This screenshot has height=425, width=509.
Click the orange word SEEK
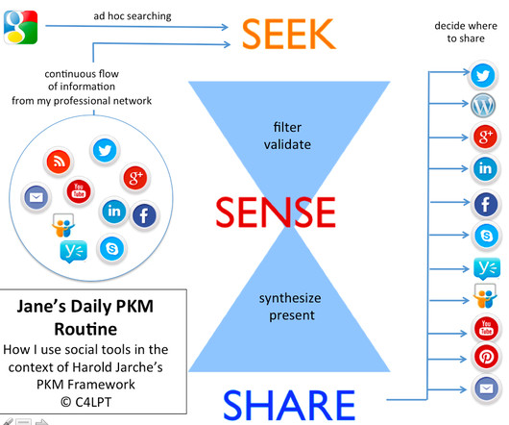(x=288, y=34)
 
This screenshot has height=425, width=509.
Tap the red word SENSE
(x=276, y=212)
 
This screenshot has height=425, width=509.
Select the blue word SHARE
(x=289, y=405)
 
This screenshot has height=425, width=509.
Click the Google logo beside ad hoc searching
(x=21, y=27)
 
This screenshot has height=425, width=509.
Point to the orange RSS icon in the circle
(x=59, y=162)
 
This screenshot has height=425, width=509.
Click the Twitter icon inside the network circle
(x=105, y=150)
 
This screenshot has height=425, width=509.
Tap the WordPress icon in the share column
(x=483, y=105)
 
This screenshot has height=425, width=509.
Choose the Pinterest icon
(x=486, y=357)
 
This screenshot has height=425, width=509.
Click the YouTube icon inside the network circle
(x=79, y=191)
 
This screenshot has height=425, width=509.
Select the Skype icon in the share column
(x=486, y=236)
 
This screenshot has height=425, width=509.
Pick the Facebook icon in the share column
(x=486, y=204)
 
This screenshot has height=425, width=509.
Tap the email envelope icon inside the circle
(x=36, y=197)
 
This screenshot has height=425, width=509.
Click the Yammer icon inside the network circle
(x=74, y=251)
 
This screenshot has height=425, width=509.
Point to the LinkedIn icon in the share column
(x=485, y=168)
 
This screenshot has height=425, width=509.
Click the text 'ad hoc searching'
(x=133, y=16)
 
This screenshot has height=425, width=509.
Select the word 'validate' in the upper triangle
(x=287, y=144)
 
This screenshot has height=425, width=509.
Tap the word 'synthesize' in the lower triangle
(x=290, y=298)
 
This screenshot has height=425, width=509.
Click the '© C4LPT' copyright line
(x=85, y=402)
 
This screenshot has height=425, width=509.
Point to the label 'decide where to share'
(x=466, y=32)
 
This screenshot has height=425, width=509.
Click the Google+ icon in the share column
(x=485, y=137)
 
